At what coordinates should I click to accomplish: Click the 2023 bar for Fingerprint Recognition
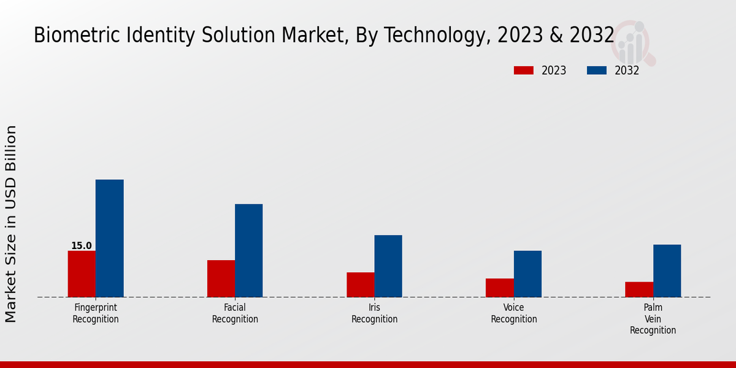point(82,274)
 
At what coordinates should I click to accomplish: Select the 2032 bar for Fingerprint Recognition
point(110,238)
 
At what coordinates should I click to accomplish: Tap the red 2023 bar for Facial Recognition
point(221,278)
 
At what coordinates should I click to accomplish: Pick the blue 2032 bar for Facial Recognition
point(249,250)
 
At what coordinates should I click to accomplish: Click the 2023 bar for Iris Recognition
point(361,285)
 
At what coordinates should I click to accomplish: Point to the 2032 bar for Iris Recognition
point(388,266)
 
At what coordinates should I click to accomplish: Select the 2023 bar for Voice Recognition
point(500,288)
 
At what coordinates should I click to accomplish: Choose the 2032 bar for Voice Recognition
point(527,274)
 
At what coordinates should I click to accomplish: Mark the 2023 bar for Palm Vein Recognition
point(639,289)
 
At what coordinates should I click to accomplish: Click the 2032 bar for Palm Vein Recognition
point(667,270)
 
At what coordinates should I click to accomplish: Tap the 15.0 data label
point(82,246)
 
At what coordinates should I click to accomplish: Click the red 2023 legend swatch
point(524,71)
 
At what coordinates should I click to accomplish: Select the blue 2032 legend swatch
point(597,71)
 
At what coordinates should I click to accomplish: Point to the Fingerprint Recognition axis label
point(96,313)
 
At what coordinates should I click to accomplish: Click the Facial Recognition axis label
point(235,313)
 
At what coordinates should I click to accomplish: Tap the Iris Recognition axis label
point(374,313)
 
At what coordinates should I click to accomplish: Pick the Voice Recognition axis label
point(514,313)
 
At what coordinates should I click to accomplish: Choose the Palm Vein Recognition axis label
point(653,319)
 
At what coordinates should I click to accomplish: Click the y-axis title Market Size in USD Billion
point(11,224)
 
